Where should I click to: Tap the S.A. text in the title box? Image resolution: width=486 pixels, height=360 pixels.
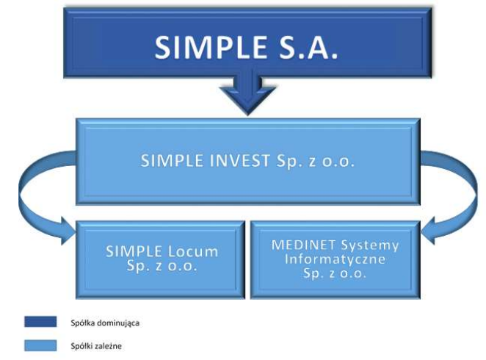click(x=308, y=47)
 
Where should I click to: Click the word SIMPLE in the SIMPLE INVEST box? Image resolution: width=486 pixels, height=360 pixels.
click(x=172, y=161)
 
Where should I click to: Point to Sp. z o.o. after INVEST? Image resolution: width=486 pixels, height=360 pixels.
click(x=315, y=161)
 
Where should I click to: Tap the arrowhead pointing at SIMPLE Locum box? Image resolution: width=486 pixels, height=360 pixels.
click(x=69, y=231)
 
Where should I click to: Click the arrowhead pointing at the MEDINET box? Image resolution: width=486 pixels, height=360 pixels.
click(x=428, y=231)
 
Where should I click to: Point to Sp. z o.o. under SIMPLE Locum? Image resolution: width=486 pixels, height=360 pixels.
click(x=162, y=266)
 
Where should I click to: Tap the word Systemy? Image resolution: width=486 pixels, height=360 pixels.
click(x=370, y=245)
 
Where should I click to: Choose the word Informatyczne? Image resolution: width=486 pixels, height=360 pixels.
click(x=335, y=259)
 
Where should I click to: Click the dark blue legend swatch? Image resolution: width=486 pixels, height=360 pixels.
click(x=40, y=322)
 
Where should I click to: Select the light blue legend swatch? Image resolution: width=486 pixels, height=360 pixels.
click(x=40, y=345)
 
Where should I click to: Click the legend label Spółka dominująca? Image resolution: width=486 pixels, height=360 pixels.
click(x=105, y=323)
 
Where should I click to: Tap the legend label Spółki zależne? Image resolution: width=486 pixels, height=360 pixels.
click(x=96, y=346)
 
